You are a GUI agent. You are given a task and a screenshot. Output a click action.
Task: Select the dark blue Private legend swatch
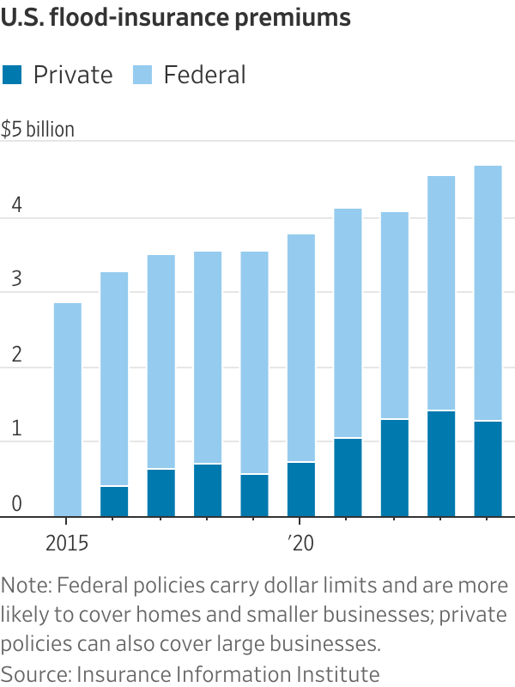(13, 75)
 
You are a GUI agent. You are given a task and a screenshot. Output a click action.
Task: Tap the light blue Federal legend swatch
(142, 75)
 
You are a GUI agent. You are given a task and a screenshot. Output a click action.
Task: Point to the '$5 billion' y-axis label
(38, 130)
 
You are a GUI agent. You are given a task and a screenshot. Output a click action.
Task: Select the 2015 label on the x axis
(67, 543)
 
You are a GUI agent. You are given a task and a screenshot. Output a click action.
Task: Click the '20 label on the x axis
(300, 543)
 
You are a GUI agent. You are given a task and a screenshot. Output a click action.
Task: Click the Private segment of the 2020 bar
(301, 489)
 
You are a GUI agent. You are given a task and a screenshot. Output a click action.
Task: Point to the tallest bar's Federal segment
(488, 293)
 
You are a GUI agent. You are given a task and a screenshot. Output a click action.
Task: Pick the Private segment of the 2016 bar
(114, 502)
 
